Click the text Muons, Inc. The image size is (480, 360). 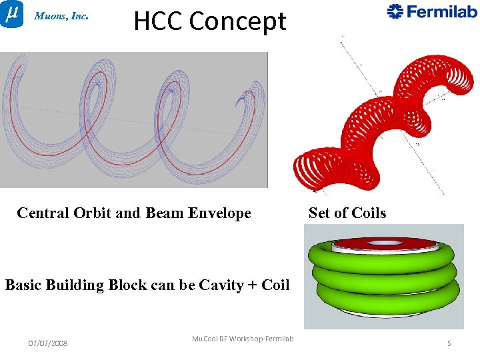point(61,16)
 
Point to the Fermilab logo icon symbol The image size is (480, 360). point(395,11)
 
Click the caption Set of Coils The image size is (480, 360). point(347,213)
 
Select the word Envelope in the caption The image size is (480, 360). point(219,213)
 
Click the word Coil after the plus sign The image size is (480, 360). point(275,285)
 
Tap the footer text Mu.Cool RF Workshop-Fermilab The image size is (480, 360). point(243,339)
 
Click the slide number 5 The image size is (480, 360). point(449,343)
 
